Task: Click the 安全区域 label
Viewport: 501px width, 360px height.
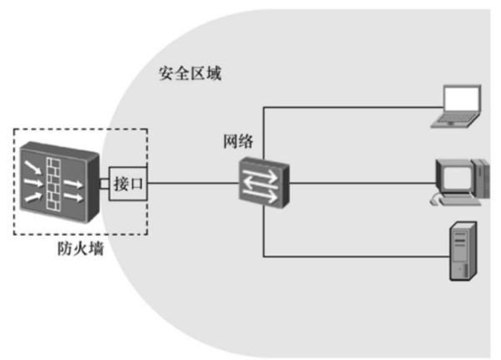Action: tap(190, 74)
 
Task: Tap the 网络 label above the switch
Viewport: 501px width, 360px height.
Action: tap(238, 140)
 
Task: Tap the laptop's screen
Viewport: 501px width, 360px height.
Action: tap(460, 100)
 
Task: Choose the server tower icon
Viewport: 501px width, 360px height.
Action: tap(465, 251)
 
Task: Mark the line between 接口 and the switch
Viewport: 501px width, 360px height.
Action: tap(192, 184)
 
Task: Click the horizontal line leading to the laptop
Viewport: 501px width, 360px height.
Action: tap(351, 107)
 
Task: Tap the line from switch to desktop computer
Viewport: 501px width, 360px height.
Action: tap(359, 184)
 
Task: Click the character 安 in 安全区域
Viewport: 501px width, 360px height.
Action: tap(166, 74)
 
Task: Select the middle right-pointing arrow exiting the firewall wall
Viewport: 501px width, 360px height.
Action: tap(74, 183)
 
